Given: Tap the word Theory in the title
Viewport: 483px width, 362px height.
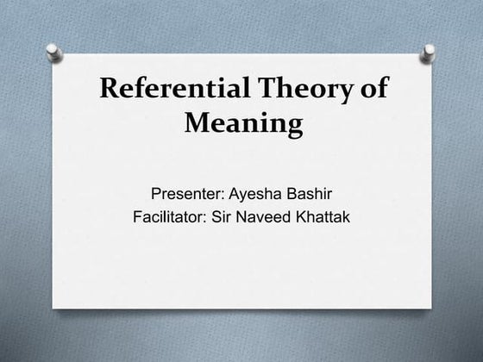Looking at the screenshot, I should coord(300,90).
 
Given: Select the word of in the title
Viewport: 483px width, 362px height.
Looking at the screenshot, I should coord(373,90).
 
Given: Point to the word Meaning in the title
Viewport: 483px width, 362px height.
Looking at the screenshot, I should coord(244,125).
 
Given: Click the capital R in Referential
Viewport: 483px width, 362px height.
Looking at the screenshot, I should coord(110,90).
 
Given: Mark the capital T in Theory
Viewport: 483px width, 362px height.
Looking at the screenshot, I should coord(263,90).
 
